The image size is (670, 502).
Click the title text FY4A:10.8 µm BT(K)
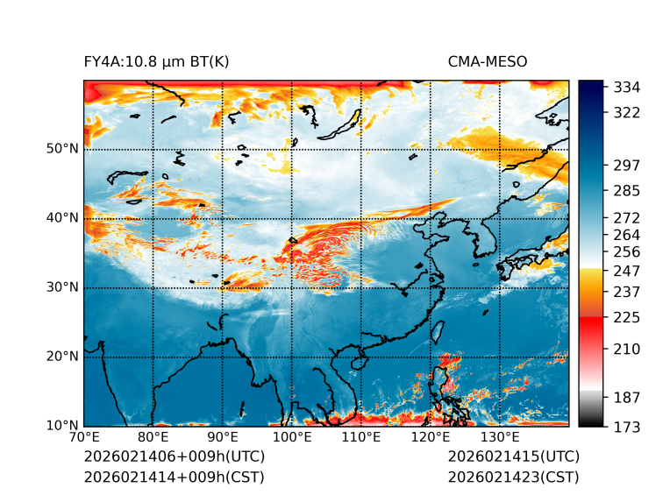click(156, 61)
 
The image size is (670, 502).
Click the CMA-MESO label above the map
click(488, 61)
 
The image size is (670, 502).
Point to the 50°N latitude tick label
click(62, 149)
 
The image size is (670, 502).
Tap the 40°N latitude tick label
click(62, 218)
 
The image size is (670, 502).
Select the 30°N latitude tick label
click(62, 287)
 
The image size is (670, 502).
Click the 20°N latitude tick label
click(62, 357)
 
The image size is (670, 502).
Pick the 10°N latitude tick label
click(62, 426)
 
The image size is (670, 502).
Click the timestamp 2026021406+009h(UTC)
click(174, 457)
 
